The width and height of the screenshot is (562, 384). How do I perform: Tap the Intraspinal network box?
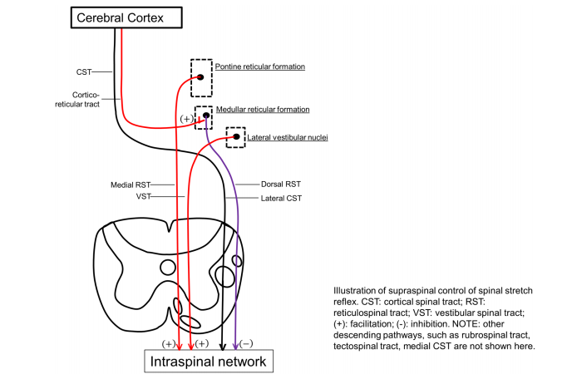tap(208, 362)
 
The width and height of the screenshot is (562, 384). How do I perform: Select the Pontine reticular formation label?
tap(259, 66)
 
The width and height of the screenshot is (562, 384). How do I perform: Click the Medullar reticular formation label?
tap(262, 109)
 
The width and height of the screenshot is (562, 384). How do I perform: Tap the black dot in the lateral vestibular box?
tap(236, 137)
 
